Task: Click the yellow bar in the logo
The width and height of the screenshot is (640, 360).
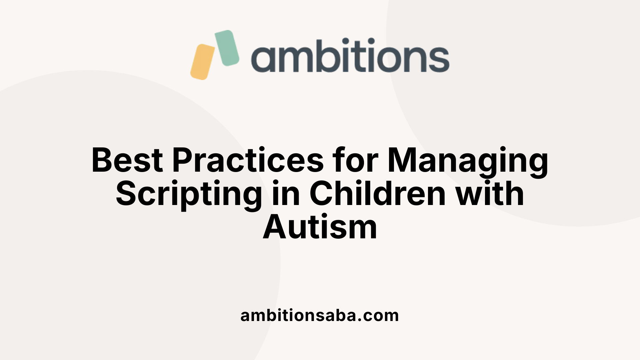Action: point(202,62)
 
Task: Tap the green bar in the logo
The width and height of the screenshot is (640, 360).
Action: point(227,48)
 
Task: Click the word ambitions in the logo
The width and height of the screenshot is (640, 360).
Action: point(350,56)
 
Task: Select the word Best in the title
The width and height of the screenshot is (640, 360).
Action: point(127,160)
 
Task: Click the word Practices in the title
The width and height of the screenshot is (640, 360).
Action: point(248,160)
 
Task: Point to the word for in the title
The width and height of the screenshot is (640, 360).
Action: point(355,160)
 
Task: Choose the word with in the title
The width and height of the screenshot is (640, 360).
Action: point(490,194)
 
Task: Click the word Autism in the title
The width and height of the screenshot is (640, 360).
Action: point(320,228)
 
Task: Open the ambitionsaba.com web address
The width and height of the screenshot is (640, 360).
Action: point(320,316)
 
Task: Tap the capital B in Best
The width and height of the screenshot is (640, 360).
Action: point(102,160)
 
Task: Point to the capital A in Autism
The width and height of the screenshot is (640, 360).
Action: point(275,228)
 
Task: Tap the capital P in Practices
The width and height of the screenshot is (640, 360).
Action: point(183,160)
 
